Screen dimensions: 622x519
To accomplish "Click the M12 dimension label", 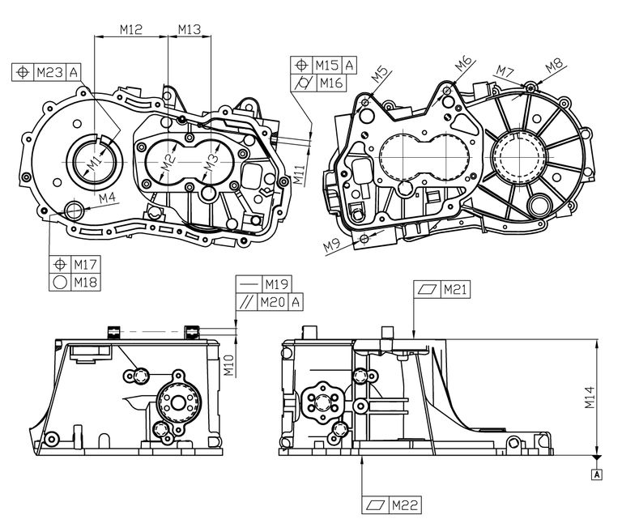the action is tap(131, 29).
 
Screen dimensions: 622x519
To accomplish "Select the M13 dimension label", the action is tap(190, 29).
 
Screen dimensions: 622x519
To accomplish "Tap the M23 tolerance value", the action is tap(50, 72).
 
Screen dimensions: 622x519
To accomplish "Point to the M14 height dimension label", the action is tap(590, 398).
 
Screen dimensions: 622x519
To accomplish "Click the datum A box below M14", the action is tap(597, 474).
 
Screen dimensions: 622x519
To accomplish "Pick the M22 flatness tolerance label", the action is tap(405, 505).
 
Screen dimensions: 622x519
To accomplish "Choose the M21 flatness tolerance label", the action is tap(455, 290).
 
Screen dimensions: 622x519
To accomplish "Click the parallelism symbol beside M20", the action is tap(246, 303).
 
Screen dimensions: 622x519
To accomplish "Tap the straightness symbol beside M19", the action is tap(249, 284).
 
